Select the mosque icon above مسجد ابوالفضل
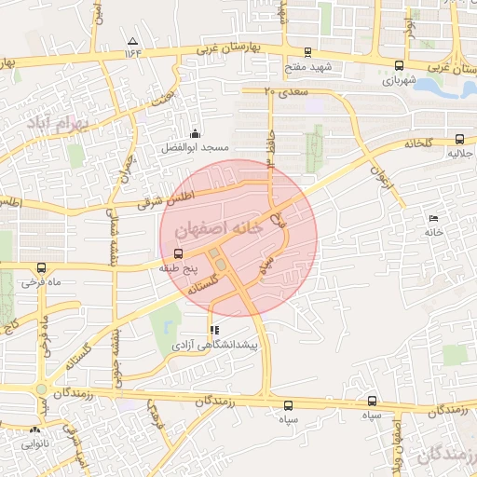click(x=195, y=134)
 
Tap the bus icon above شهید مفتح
click(x=308, y=51)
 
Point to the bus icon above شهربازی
click(x=400, y=66)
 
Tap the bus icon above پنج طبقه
click(x=178, y=253)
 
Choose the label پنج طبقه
click(x=178, y=267)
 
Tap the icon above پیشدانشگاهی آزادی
click(x=215, y=330)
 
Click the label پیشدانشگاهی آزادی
click(x=221, y=345)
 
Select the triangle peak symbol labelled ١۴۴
click(x=132, y=41)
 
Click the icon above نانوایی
click(x=35, y=429)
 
